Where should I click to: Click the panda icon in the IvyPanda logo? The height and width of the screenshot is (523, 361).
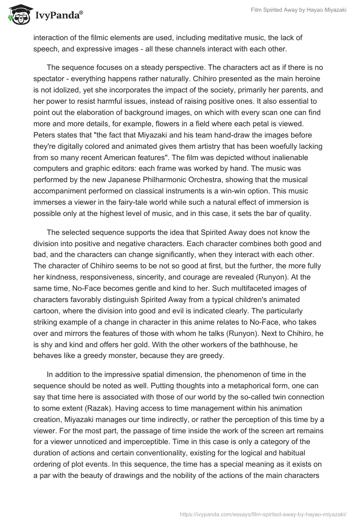(17, 15)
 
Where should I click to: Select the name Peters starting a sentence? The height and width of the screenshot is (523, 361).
(45, 135)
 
